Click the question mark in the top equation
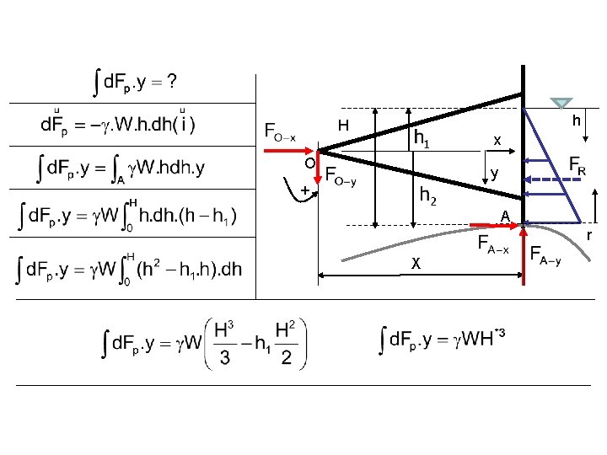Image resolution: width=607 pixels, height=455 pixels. (171, 82)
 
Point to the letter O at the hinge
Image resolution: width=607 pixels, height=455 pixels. (309, 162)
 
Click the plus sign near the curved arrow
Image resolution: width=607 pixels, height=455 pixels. (304, 190)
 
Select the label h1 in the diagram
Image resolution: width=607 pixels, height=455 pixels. (422, 138)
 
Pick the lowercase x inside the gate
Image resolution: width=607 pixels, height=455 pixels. (497, 140)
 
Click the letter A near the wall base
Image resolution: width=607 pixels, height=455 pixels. (504, 217)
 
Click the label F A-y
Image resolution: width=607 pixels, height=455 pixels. (545, 254)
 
